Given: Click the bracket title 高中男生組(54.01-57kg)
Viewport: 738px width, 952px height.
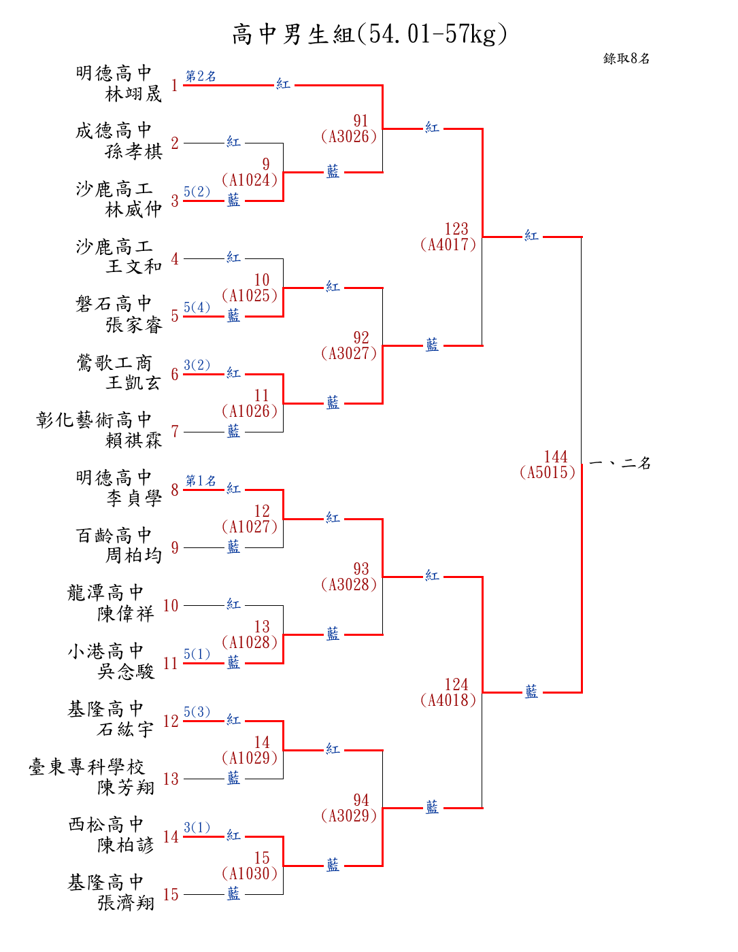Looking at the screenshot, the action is click(369, 34).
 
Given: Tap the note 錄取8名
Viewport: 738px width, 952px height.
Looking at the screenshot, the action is click(626, 58).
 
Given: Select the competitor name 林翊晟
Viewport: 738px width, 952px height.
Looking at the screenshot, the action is click(133, 94).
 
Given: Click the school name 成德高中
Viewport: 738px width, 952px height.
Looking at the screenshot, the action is click(114, 131).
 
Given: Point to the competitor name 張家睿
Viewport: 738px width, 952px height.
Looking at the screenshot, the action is click(134, 325).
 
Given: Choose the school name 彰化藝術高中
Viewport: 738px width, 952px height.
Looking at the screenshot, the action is click(94, 420).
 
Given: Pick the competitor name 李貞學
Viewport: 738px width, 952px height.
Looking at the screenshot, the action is click(134, 498).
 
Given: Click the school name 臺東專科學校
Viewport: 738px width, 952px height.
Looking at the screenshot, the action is click(86, 766).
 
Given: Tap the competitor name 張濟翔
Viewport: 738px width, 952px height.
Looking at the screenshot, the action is click(126, 903).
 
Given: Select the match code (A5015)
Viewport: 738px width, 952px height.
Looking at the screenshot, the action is click(547, 473).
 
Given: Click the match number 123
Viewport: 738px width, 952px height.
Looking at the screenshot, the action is click(456, 228).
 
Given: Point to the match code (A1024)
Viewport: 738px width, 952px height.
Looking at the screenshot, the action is click(250, 180).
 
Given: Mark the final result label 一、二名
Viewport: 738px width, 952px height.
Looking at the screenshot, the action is click(619, 463).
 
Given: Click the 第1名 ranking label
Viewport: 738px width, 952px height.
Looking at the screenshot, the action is click(201, 481).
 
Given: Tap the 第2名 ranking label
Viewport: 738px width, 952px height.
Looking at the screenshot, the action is click(201, 76).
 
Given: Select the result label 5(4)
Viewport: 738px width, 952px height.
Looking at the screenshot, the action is click(197, 307).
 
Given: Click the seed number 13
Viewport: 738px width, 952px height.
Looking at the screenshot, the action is click(171, 779).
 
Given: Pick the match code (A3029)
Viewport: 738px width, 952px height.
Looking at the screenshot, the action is click(348, 815).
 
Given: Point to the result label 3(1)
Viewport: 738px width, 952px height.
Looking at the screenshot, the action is click(197, 827).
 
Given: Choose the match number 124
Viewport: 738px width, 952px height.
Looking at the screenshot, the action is click(456, 684).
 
